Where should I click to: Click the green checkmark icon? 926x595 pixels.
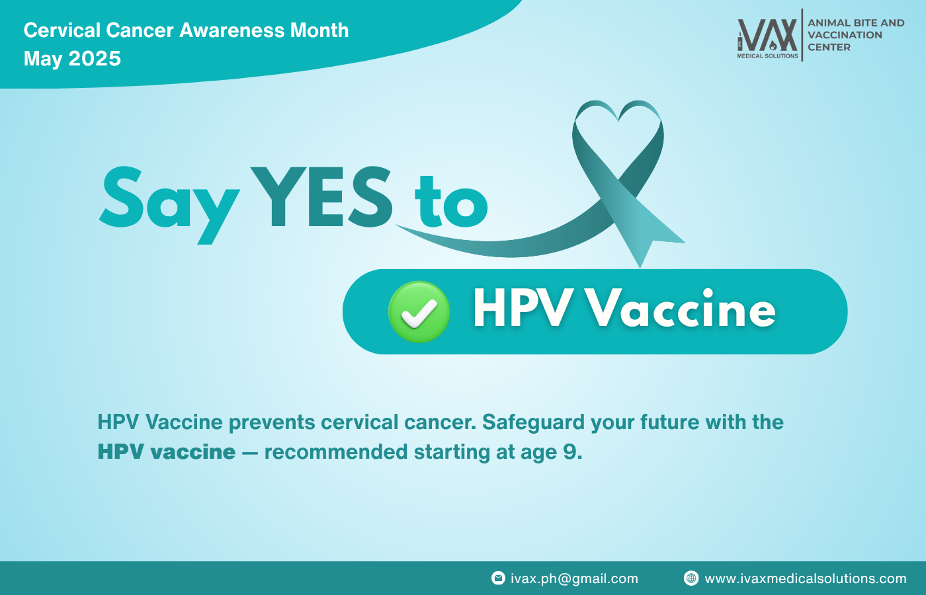point(419,312)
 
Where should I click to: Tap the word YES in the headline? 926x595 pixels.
point(321,198)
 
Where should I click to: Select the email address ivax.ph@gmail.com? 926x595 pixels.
point(574,578)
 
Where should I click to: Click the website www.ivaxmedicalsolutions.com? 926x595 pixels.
point(806,578)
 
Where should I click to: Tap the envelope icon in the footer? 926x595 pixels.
point(498,578)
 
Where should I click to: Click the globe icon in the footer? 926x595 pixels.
point(691,578)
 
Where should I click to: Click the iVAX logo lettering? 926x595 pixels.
point(767,35)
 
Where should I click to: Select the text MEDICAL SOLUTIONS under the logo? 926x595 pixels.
point(767,56)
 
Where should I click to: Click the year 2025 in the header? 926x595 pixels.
point(95,59)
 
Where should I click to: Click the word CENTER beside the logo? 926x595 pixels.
point(829,48)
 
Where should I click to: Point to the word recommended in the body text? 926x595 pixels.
point(336,452)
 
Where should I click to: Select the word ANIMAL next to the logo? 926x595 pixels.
point(827,23)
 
